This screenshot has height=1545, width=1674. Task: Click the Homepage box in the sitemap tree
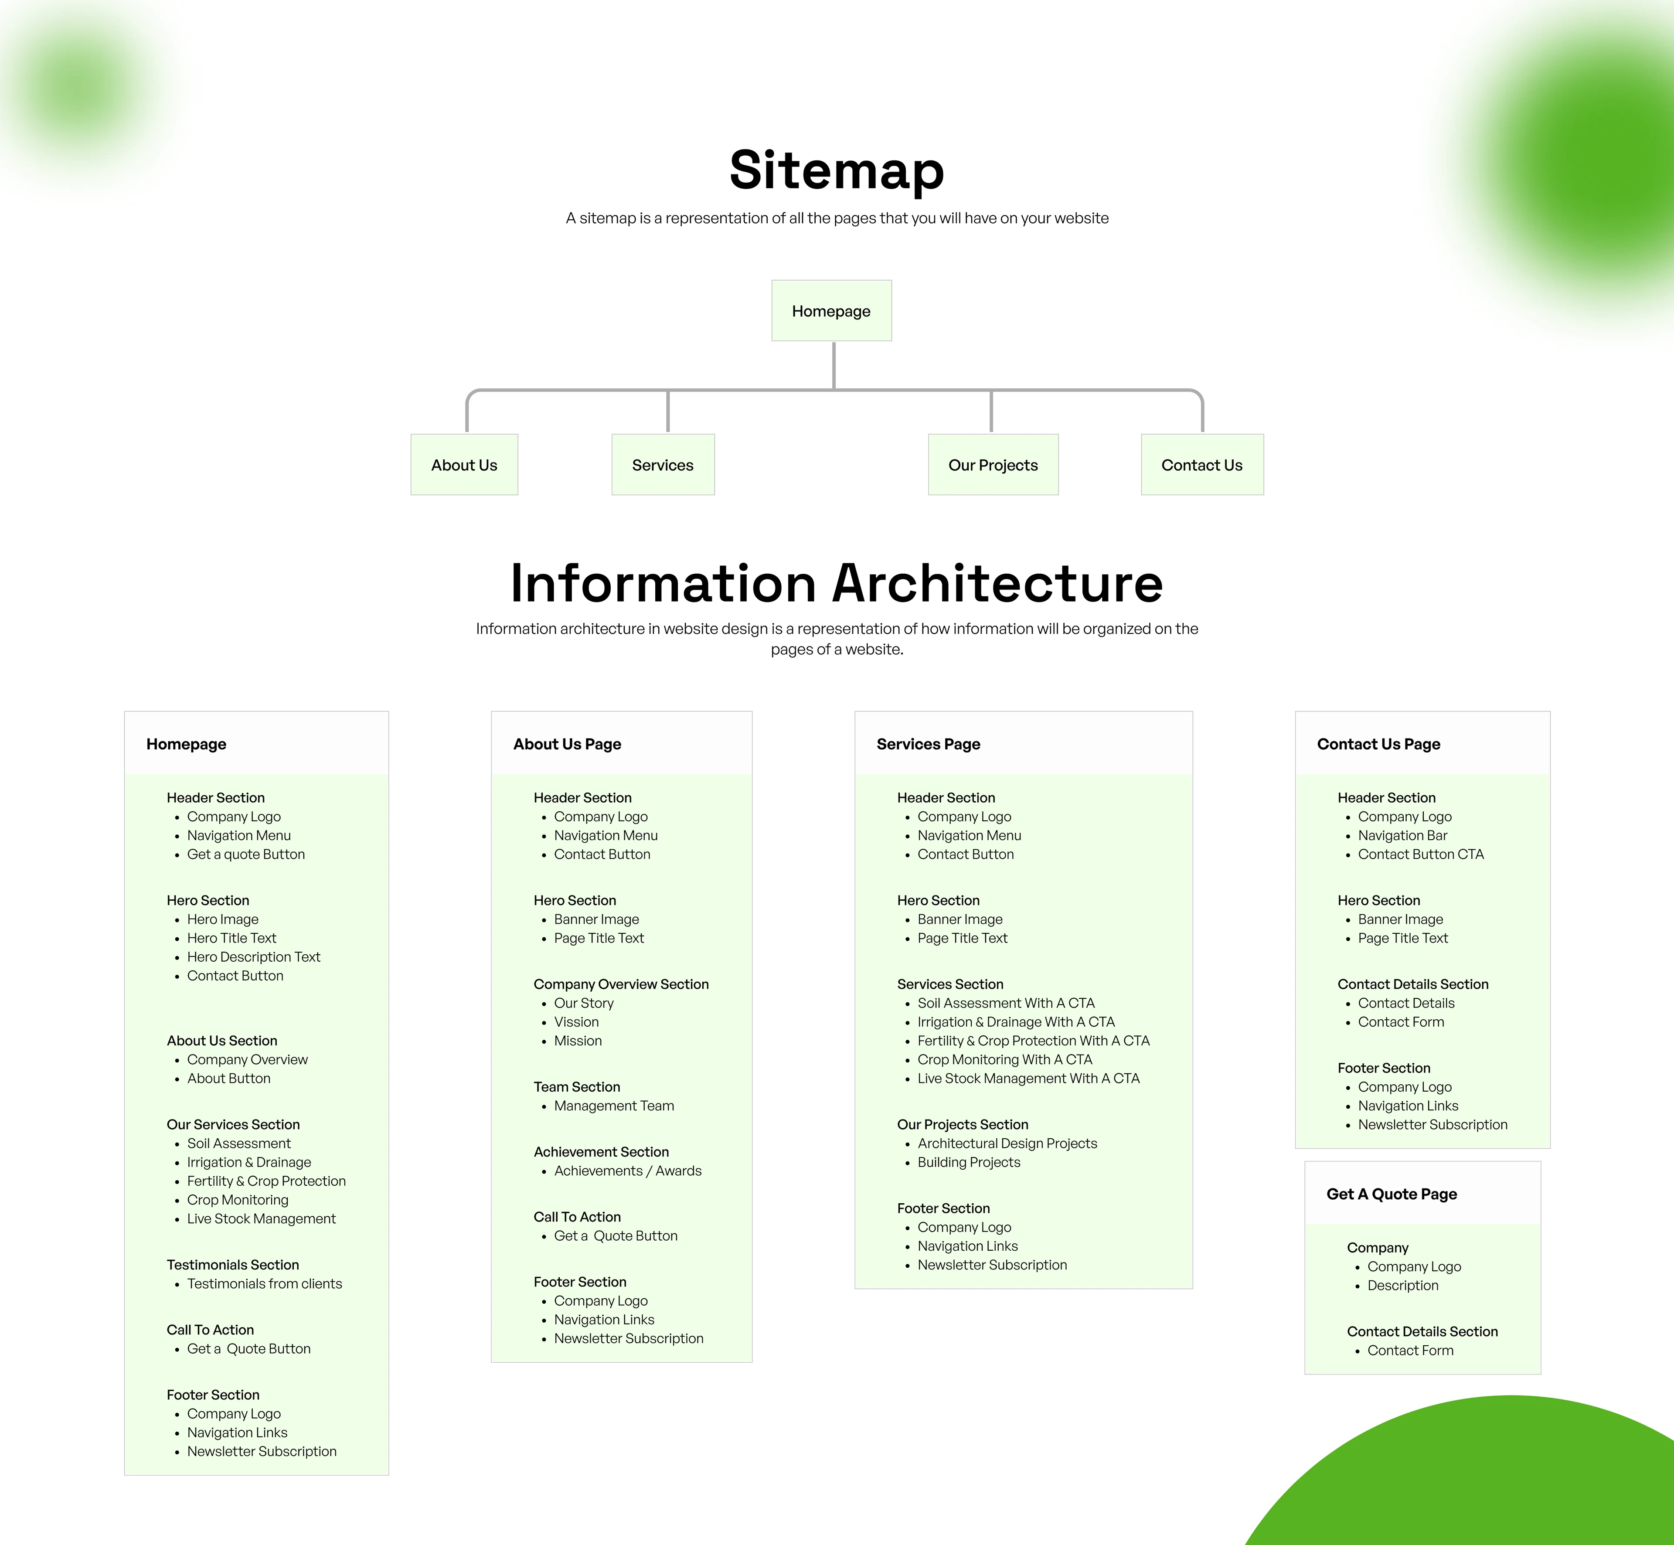(831, 311)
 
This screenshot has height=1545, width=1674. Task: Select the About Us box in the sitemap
(464, 465)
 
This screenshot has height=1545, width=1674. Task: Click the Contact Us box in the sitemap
(1201, 465)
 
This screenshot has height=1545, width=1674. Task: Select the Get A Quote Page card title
(1392, 1194)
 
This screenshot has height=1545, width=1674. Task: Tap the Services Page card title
(928, 744)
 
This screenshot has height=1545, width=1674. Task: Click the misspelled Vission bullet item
(576, 1021)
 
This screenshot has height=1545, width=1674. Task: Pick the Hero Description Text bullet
(253, 956)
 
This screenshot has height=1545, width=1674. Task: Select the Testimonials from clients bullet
(264, 1283)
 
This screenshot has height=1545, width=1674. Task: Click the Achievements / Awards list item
(627, 1171)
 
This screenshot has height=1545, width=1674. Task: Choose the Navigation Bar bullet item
(1402, 835)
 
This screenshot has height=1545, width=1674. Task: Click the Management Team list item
(614, 1105)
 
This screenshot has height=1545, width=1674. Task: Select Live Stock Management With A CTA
(1028, 1079)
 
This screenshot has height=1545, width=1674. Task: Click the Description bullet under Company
(1402, 1285)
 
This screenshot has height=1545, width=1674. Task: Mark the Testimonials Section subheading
(232, 1265)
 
